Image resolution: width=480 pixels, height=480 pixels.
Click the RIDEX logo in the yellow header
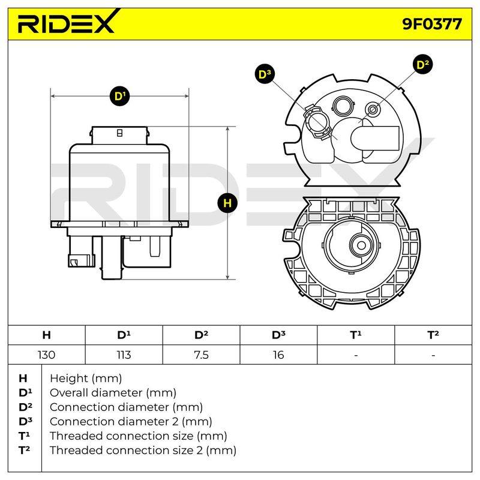coord(67,23)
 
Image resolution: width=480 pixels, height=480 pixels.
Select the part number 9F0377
coord(432,24)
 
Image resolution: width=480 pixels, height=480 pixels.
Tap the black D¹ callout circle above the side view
coord(119,96)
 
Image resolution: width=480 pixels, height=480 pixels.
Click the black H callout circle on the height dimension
coord(227,203)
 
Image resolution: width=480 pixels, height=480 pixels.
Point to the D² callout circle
coord(423,65)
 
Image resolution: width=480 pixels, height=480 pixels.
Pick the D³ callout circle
coord(265,74)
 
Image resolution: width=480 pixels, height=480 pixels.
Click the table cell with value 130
coord(47,355)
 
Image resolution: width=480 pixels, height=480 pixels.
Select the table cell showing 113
coord(124,355)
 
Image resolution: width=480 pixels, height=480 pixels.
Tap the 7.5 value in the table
coord(201,355)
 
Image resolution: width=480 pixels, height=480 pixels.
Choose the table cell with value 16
coord(278,355)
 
